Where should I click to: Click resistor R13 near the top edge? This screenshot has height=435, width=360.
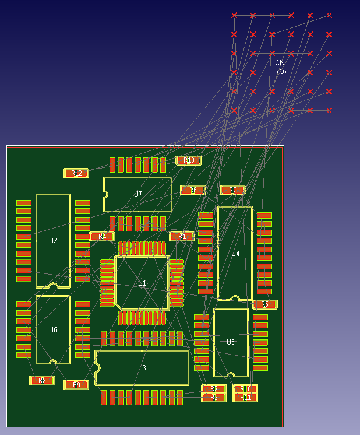coord(188,160)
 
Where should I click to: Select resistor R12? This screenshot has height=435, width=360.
coord(76,173)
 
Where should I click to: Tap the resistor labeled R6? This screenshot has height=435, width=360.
coord(193,190)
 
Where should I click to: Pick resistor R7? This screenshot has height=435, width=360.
coord(232,190)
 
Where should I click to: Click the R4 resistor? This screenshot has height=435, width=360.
coord(102,237)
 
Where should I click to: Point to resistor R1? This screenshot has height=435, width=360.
coord(182,237)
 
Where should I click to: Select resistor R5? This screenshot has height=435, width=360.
coord(264,304)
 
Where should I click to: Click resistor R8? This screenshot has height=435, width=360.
coord(42,381)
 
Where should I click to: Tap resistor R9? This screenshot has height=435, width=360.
coord(76,385)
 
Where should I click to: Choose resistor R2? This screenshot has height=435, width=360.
coord(214,389)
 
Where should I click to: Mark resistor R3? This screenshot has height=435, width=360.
coord(214,398)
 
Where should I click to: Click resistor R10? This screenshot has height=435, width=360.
coord(245,389)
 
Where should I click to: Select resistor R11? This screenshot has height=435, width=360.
coord(245,398)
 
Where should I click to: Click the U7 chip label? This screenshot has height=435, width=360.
coord(138,194)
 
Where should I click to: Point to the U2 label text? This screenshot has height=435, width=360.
coord(53,241)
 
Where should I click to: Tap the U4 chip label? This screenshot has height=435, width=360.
coord(235,254)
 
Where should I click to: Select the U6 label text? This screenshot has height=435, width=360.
coord(53,330)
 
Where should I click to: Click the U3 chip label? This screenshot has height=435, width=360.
coord(142,368)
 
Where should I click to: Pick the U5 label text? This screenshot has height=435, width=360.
coord(231,342)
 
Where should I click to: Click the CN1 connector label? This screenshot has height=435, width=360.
coord(282,63)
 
